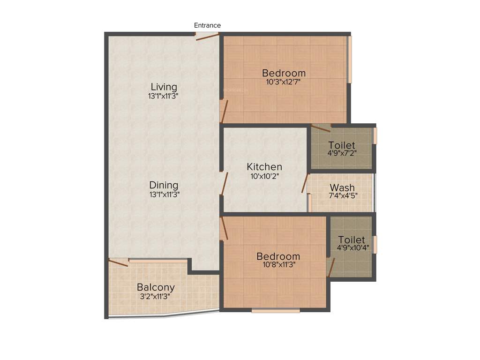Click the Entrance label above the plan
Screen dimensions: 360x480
(207, 25)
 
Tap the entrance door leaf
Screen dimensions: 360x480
(208, 37)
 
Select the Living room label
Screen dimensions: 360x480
(164, 87)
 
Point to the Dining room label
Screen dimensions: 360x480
(164, 185)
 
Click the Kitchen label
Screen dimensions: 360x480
(264, 167)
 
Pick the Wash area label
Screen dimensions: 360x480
(342, 188)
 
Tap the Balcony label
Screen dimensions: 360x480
(156, 287)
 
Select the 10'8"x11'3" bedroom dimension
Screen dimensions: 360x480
(278, 264)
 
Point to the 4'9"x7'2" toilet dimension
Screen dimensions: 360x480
(342, 153)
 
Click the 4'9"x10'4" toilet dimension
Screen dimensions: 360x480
(351, 247)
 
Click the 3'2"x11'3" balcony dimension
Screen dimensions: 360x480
(156, 296)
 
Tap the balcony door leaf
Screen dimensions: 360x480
(118, 262)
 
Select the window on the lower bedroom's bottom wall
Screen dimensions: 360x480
(276, 310)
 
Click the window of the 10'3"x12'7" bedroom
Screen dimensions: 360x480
(349, 60)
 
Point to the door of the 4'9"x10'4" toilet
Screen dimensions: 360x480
(331, 267)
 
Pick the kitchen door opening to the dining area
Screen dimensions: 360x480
(225, 183)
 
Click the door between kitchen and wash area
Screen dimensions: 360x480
(305, 183)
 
